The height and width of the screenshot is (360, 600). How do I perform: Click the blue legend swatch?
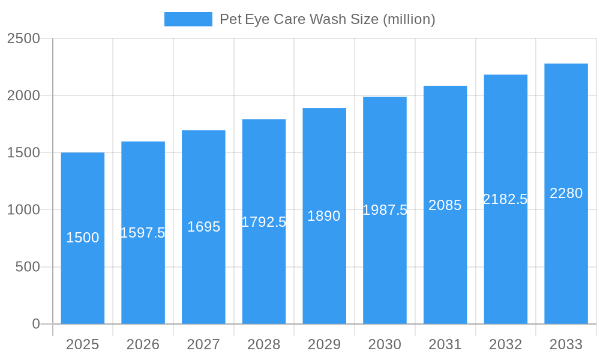pyautogui.click(x=188, y=19)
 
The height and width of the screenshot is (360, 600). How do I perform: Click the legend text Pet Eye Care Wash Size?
pyautogui.click(x=327, y=19)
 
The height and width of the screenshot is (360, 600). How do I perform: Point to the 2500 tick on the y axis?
pyautogui.click(x=23, y=39)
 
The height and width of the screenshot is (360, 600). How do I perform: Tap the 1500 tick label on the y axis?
pyautogui.click(x=23, y=153)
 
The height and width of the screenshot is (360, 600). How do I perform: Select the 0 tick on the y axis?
pyautogui.click(x=35, y=324)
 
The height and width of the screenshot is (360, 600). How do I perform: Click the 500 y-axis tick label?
pyautogui.click(x=28, y=267)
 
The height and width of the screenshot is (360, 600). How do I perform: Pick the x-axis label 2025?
pyautogui.click(x=82, y=344)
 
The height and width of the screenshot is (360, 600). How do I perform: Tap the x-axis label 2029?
pyautogui.click(x=324, y=344)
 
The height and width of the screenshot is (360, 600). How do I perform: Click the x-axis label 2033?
pyautogui.click(x=566, y=344)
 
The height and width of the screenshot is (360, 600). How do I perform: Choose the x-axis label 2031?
pyautogui.click(x=445, y=344)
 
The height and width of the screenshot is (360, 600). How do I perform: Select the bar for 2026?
pyautogui.click(x=143, y=276)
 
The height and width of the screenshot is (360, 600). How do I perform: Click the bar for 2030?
pyautogui.click(x=385, y=264)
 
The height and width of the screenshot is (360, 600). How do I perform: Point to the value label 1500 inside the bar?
pyautogui.click(x=82, y=238)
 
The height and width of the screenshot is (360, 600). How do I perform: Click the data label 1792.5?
pyautogui.click(x=264, y=222)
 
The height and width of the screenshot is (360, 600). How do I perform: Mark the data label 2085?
pyautogui.click(x=445, y=205)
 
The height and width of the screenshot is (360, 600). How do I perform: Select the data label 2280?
pyautogui.click(x=566, y=193)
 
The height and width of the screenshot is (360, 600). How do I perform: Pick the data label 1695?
pyautogui.click(x=203, y=227)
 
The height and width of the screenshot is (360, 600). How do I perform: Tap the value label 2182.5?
pyautogui.click(x=505, y=199)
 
